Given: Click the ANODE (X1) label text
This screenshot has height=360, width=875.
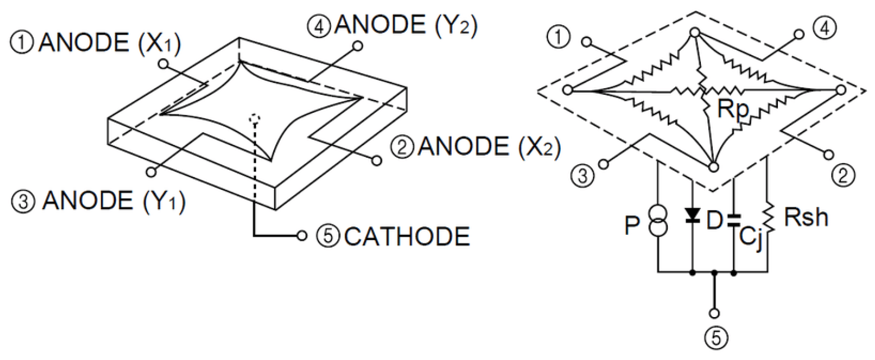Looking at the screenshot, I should [x=109, y=43].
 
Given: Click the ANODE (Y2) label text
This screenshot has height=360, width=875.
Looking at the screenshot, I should [x=405, y=25].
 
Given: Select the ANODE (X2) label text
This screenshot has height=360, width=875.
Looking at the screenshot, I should [x=489, y=147].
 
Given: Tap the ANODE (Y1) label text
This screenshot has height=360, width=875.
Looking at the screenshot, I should [x=113, y=201].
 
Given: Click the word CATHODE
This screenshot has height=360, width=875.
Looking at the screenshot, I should [x=407, y=237].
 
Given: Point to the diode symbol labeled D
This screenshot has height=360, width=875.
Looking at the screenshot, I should [x=693, y=215].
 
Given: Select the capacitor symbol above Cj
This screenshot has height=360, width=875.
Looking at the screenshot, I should [x=734, y=220].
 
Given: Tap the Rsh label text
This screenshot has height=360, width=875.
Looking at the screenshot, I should [x=805, y=217].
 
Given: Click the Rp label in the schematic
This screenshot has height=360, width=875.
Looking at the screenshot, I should [x=733, y=109].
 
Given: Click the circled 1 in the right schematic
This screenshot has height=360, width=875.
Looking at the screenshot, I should [x=559, y=37].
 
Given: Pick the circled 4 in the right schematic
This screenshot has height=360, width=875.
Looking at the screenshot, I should [x=825, y=28].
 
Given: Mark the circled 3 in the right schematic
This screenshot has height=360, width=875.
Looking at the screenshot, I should [x=583, y=176].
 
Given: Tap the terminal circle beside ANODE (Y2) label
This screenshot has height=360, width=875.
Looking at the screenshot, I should [x=359, y=46].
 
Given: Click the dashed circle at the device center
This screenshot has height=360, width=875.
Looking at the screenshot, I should [x=255, y=118].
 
